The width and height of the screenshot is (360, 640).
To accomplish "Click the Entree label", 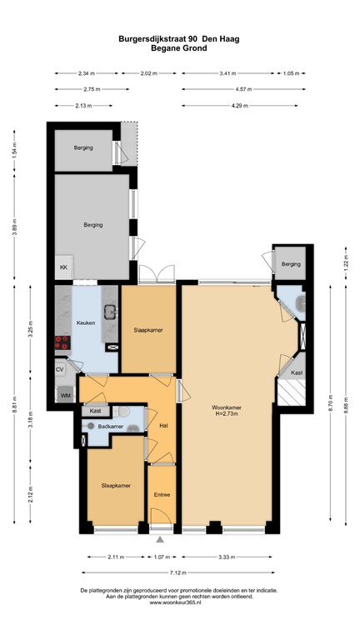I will (162, 495).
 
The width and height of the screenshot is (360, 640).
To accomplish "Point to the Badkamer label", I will (110, 426).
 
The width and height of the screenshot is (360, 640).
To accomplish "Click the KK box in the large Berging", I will (63, 267).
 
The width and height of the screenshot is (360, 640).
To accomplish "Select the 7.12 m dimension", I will (179, 572).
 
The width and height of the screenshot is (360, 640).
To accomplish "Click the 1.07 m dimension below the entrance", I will (161, 557).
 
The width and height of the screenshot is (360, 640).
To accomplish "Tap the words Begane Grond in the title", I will (179, 48).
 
